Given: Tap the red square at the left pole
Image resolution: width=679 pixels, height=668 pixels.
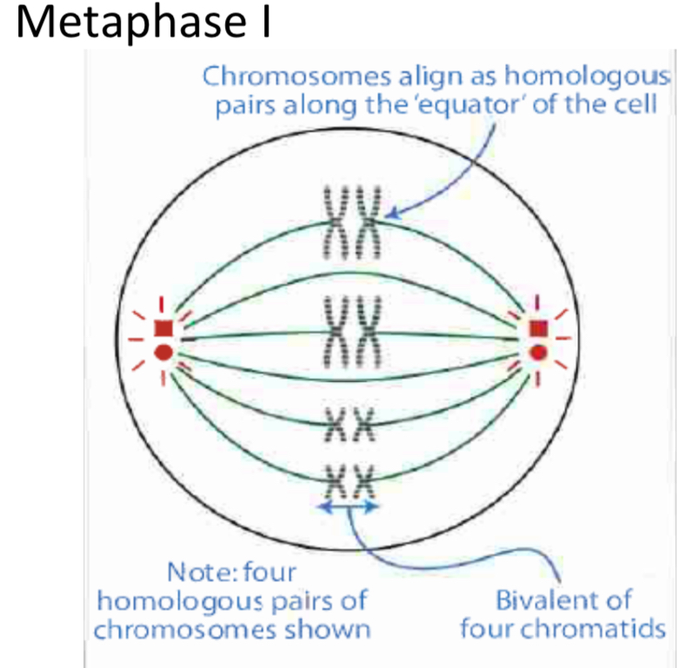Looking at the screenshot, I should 163,328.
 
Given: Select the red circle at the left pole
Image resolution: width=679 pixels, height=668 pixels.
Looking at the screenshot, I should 163,353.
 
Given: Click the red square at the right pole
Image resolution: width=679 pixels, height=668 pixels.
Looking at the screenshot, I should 538,327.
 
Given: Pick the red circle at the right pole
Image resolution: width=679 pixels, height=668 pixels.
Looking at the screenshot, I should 538,353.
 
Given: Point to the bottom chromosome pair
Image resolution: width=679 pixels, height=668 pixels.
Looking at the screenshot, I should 351,476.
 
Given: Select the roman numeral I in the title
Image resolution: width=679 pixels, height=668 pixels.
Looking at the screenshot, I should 262,23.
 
